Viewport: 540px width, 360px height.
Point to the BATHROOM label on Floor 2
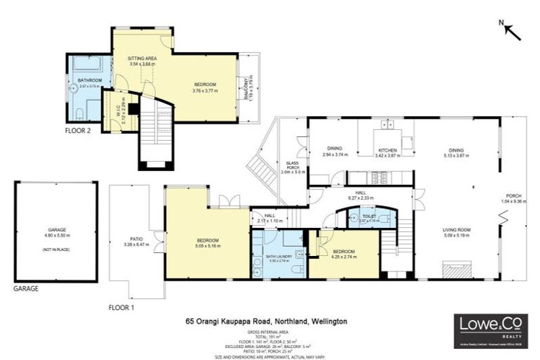(x=90, y=81)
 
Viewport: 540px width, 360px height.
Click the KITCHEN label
(x=388, y=150)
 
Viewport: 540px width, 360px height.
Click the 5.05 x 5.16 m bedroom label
(x=208, y=243)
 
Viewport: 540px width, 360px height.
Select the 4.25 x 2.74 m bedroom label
(x=344, y=252)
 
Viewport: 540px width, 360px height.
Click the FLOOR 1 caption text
(x=122, y=307)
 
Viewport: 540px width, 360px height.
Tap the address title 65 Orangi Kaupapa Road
(x=266, y=321)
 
